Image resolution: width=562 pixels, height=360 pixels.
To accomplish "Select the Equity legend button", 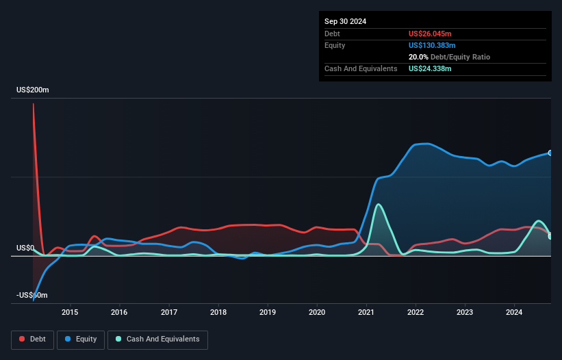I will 81,339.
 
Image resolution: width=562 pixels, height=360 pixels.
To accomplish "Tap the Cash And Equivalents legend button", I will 157,339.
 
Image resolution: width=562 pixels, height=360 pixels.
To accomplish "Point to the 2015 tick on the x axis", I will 70,313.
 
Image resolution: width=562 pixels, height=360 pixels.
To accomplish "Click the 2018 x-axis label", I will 218,313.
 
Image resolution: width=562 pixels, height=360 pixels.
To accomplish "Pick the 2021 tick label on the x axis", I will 366,313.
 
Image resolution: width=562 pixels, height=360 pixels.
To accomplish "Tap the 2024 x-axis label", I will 515,313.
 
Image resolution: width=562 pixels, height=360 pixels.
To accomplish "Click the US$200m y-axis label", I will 33,90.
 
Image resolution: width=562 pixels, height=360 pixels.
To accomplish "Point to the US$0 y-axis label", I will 25,248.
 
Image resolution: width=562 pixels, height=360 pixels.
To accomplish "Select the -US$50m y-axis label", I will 33,295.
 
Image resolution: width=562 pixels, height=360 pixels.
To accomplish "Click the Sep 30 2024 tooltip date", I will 345,21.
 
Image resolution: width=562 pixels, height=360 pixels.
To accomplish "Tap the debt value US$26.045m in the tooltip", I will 430,34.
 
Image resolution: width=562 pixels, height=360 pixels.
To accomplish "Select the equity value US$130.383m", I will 432,45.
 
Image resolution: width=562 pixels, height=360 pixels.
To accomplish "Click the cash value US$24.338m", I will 430,68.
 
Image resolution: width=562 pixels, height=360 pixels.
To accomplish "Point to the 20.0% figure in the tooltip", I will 418,57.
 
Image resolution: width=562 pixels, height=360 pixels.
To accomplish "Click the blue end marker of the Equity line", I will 550,153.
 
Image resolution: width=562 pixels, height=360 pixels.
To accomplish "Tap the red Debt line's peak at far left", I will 33,104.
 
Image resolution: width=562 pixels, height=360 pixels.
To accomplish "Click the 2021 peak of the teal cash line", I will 379,204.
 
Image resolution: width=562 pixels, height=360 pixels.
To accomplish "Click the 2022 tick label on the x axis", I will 416,313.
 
